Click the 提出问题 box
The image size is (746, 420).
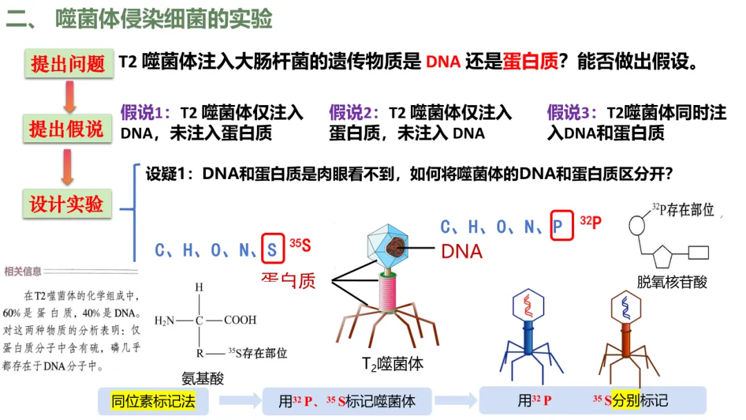point(67,63)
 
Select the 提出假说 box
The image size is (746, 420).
point(67,128)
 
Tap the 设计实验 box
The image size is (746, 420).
point(67,204)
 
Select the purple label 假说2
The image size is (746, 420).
point(354,113)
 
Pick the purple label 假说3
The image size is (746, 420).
point(572,113)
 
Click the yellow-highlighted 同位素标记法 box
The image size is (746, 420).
point(153,401)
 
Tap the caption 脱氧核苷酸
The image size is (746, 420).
point(672,281)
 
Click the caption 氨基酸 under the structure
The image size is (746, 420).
point(203,378)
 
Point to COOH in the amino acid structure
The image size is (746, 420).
point(240,321)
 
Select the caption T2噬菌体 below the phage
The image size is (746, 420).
point(392,363)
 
